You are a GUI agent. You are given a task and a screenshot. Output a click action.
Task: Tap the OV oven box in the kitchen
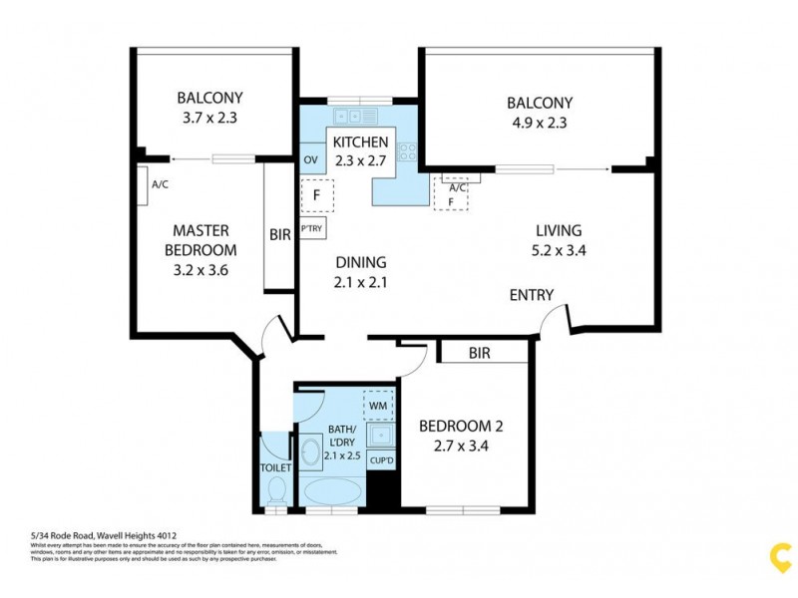pos(310,160)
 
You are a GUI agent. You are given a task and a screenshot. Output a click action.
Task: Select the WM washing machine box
pos(378,405)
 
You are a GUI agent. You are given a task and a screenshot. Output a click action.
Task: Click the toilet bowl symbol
pos(277,489)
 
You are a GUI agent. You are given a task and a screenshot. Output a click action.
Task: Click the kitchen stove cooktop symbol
pos(408,152)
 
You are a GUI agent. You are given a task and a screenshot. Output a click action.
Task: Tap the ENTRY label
pos(531,295)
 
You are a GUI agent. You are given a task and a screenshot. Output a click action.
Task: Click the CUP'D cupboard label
pos(380,460)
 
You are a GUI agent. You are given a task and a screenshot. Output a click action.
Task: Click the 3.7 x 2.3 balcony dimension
pos(209,118)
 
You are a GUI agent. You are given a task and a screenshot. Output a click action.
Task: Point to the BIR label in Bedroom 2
pos(480,353)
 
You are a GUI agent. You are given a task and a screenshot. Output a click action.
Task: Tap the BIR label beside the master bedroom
pos(280,235)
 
